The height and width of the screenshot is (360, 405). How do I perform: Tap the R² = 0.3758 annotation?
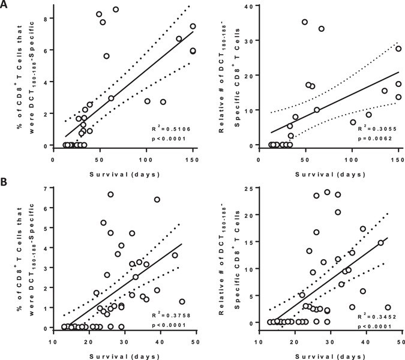pos(172,313)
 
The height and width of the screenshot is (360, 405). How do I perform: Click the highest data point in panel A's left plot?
pos(116,10)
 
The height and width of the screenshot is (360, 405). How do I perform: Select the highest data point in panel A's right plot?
pos(305,22)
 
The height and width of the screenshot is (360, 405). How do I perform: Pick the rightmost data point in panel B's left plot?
pos(182,302)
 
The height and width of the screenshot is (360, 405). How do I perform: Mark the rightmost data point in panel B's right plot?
pos(388,308)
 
